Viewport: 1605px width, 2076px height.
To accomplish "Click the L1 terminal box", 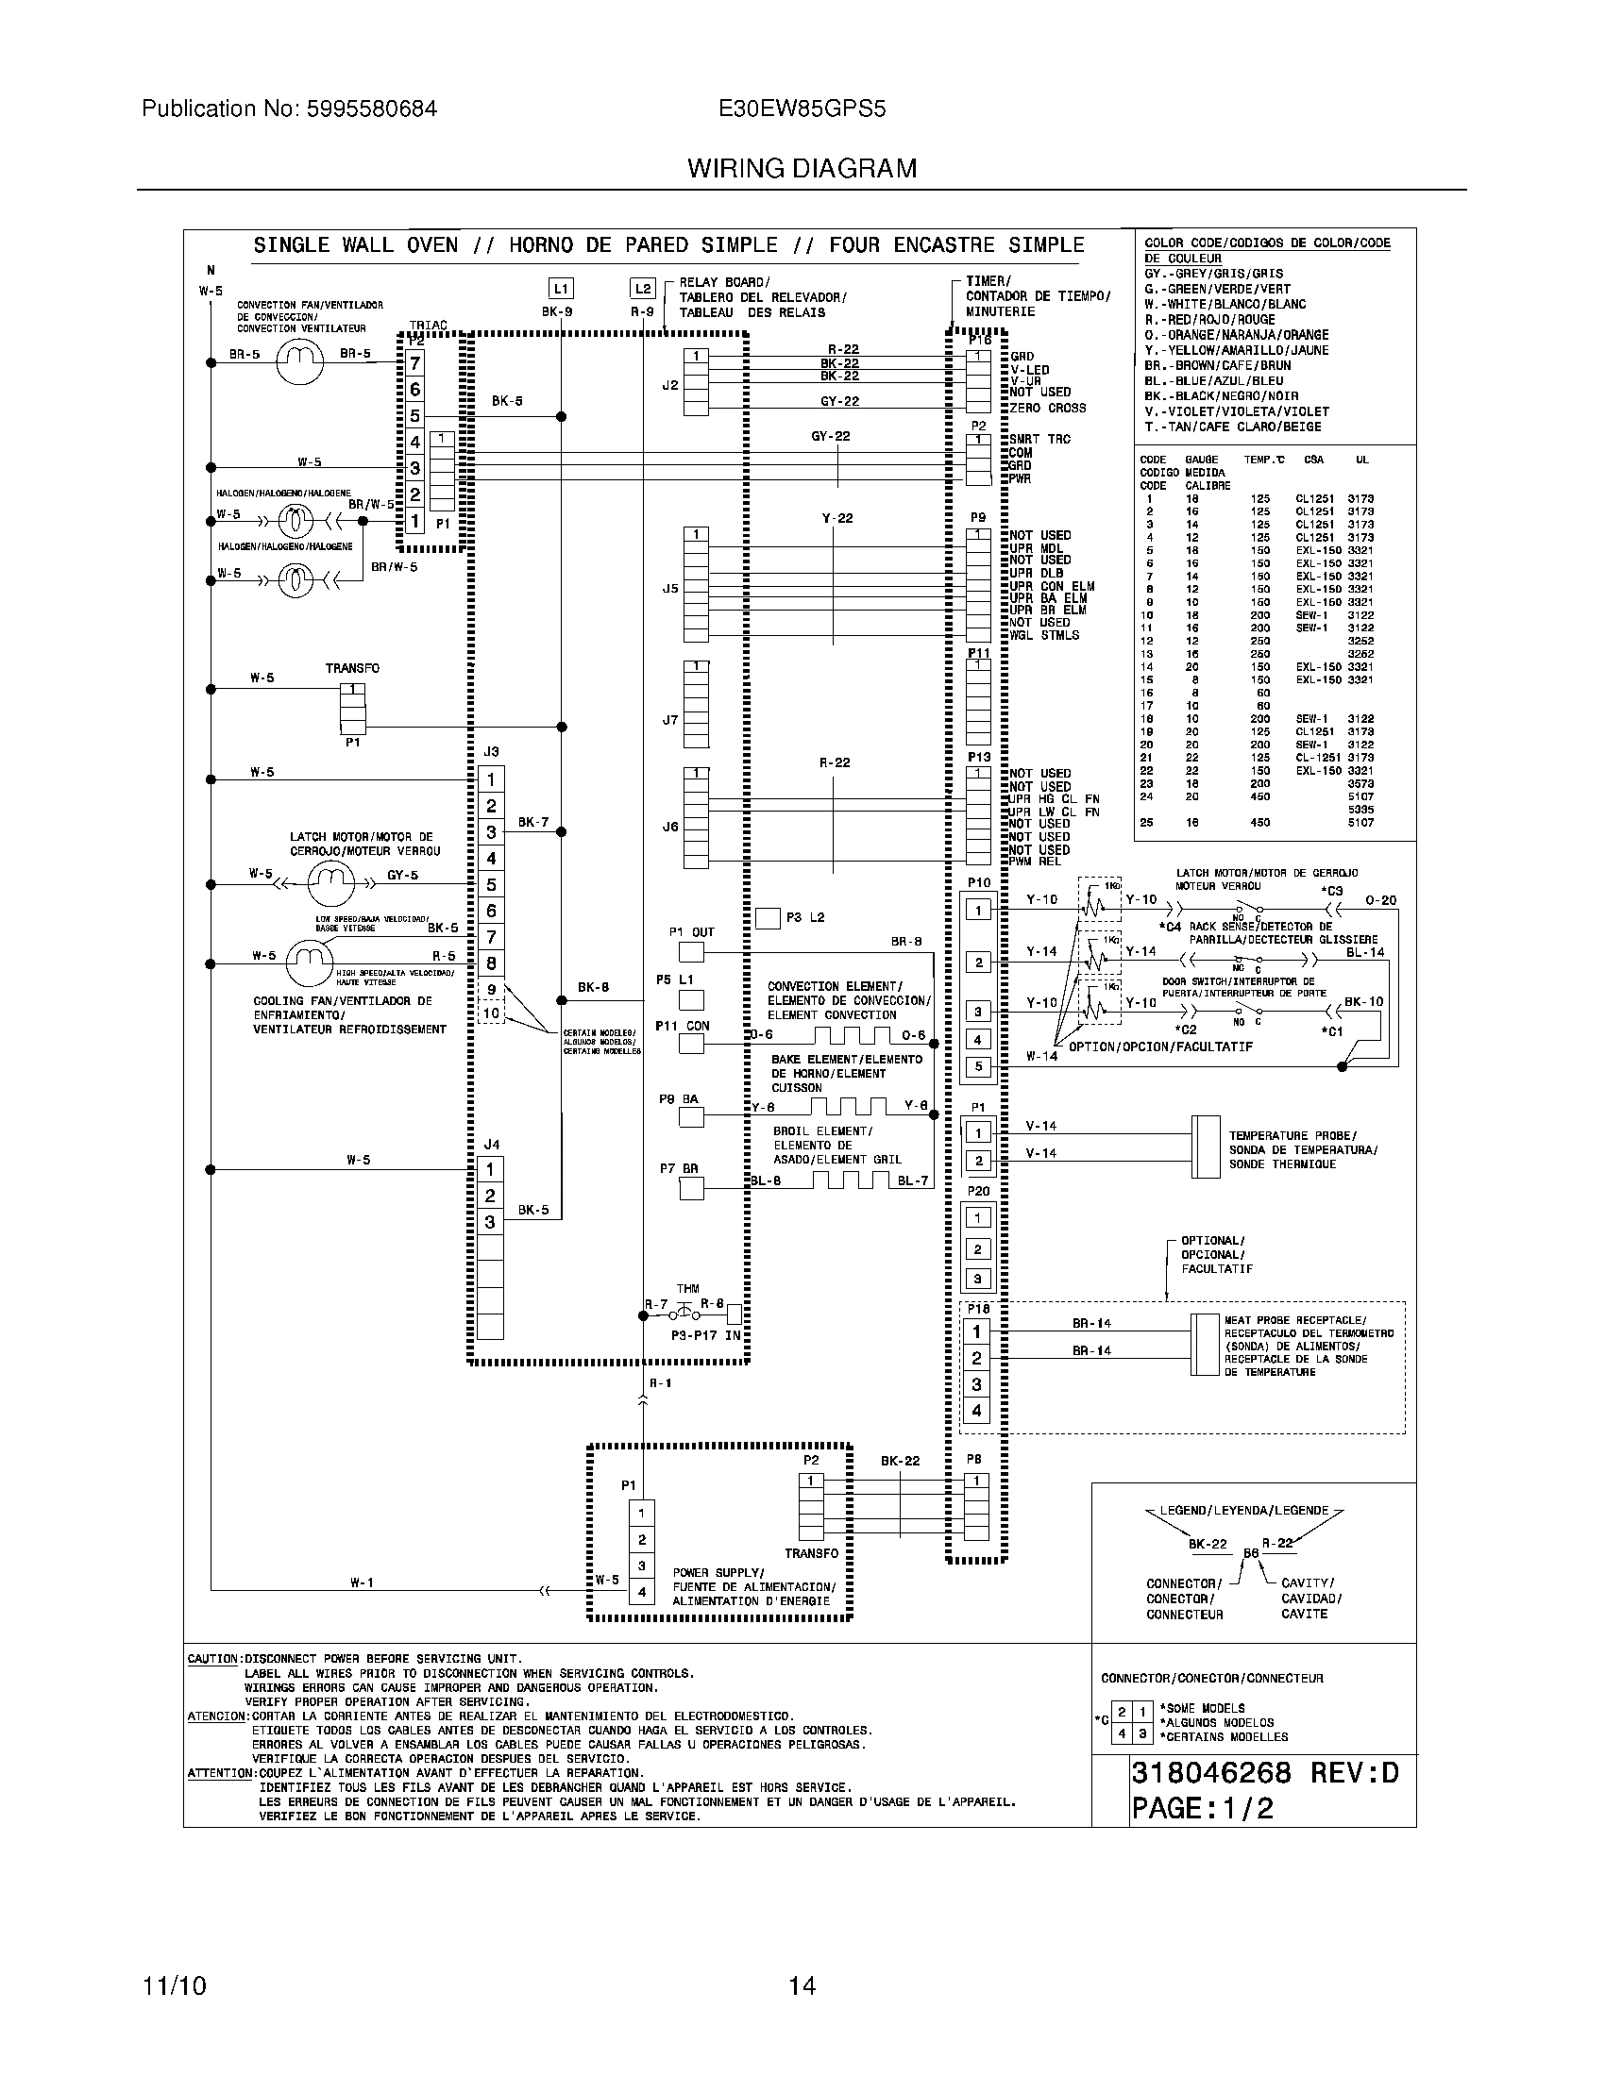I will pyautogui.click(x=561, y=289).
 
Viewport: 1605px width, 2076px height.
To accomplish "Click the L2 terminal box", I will pyautogui.click(x=643, y=289).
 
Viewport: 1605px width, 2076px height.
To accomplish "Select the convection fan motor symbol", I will pyautogui.click(x=300, y=361).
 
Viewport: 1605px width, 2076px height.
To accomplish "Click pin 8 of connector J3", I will pyautogui.click(x=491, y=963).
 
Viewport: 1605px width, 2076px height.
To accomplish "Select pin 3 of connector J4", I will pyautogui.click(x=490, y=1221).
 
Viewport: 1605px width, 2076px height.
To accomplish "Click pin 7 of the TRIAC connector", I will pyautogui.click(x=414, y=363).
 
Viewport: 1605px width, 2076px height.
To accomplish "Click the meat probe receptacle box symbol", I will pyautogui.click(x=1206, y=1344).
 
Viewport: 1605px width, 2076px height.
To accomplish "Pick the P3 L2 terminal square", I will pyautogui.click(x=768, y=918).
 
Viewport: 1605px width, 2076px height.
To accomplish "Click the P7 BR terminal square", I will pyautogui.click(x=691, y=1187).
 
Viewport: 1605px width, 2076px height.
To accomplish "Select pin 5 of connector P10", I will pyautogui.click(x=978, y=1066).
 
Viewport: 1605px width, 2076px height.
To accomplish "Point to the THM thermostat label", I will pyautogui.click(x=687, y=1288).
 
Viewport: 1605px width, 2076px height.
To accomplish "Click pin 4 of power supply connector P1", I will pyautogui.click(x=642, y=1591).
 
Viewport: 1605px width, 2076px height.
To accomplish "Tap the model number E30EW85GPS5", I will pyautogui.click(x=802, y=109).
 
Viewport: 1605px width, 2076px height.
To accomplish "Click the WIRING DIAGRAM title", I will pyautogui.click(x=802, y=168).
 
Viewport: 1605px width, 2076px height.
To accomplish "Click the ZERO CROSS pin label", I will pyautogui.click(x=1048, y=408).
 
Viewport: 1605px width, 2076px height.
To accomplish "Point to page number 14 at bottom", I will pyautogui.click(x=802, y=1985).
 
